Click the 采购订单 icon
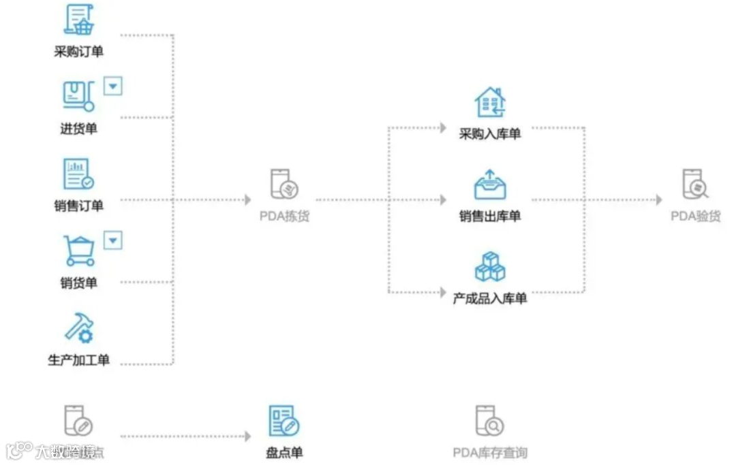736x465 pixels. click(x=79, y=20)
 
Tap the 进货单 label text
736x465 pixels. click(x=78, y=128)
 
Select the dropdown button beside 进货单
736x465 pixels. click(x=113, y=86)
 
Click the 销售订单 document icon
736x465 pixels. click(x=78, y=174)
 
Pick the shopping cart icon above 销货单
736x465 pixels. click(x=79, y=251)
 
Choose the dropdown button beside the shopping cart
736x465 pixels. click(x=113, y=240)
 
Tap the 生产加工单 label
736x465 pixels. click(x=79, y=360)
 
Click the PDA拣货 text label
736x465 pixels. click(x=284, y=217)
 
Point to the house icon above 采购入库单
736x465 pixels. click(x=490, y=103)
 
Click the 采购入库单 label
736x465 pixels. click(x=490, y=134)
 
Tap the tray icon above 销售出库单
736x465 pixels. click(x=490, y=185)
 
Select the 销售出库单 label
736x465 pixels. click(x=490, y=217)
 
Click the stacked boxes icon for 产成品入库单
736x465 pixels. click(x=490, y=266)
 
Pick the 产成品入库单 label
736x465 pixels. click(x=490, y=298)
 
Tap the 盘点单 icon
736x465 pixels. click(x=284, y=421)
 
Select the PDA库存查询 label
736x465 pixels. click(x=490, y=453)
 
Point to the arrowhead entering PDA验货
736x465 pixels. click(x=658, y=200)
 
